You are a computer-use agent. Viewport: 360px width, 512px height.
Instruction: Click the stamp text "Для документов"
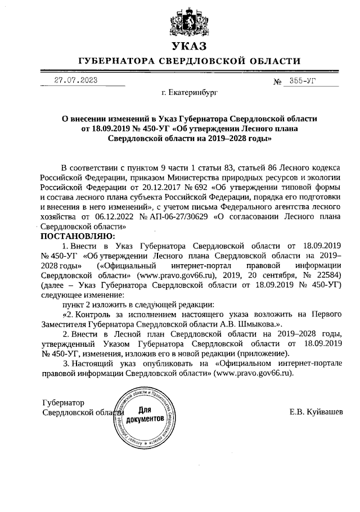point(145,415)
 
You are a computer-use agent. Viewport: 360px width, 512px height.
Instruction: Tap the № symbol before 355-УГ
point(277,82)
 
